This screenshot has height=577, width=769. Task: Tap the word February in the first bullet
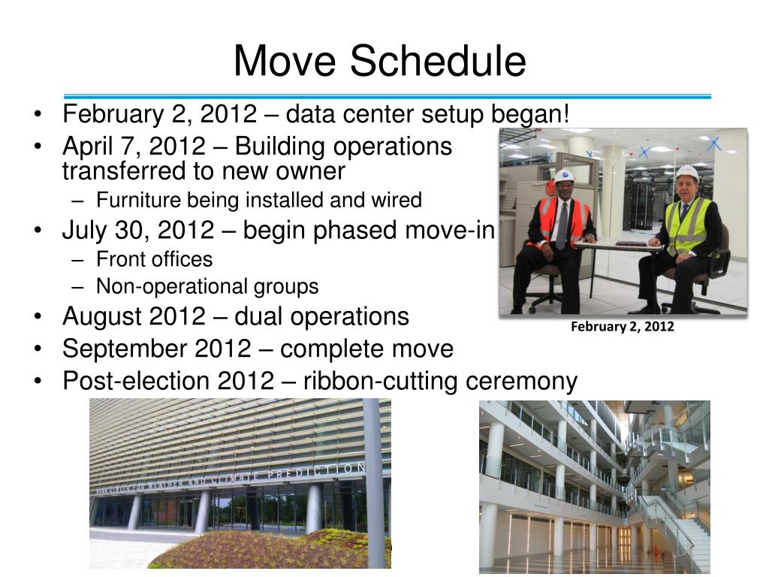pos(113,114)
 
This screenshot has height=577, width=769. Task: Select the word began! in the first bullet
pos(530,114)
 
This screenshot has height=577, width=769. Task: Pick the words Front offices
pos(155,259)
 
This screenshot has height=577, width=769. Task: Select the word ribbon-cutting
pos(381,381)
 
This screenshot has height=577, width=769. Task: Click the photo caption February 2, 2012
pos(623,327)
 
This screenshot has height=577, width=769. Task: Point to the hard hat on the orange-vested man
pos(564,176)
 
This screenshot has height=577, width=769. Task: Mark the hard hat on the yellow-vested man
pos(687,173)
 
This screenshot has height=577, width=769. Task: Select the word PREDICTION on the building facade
pos(316,472)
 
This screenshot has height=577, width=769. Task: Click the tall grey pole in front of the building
pos(374,483)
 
